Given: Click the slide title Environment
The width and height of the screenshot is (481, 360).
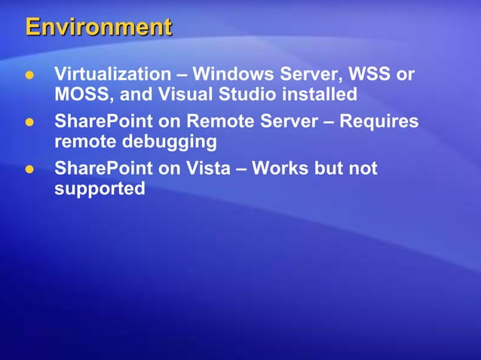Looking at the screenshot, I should pos(99,28).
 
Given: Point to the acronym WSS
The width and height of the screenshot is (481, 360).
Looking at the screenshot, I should pos(374,75).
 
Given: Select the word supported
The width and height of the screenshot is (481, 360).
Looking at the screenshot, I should pos(100,188).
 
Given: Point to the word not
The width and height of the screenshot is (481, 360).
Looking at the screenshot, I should pos(363,167).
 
